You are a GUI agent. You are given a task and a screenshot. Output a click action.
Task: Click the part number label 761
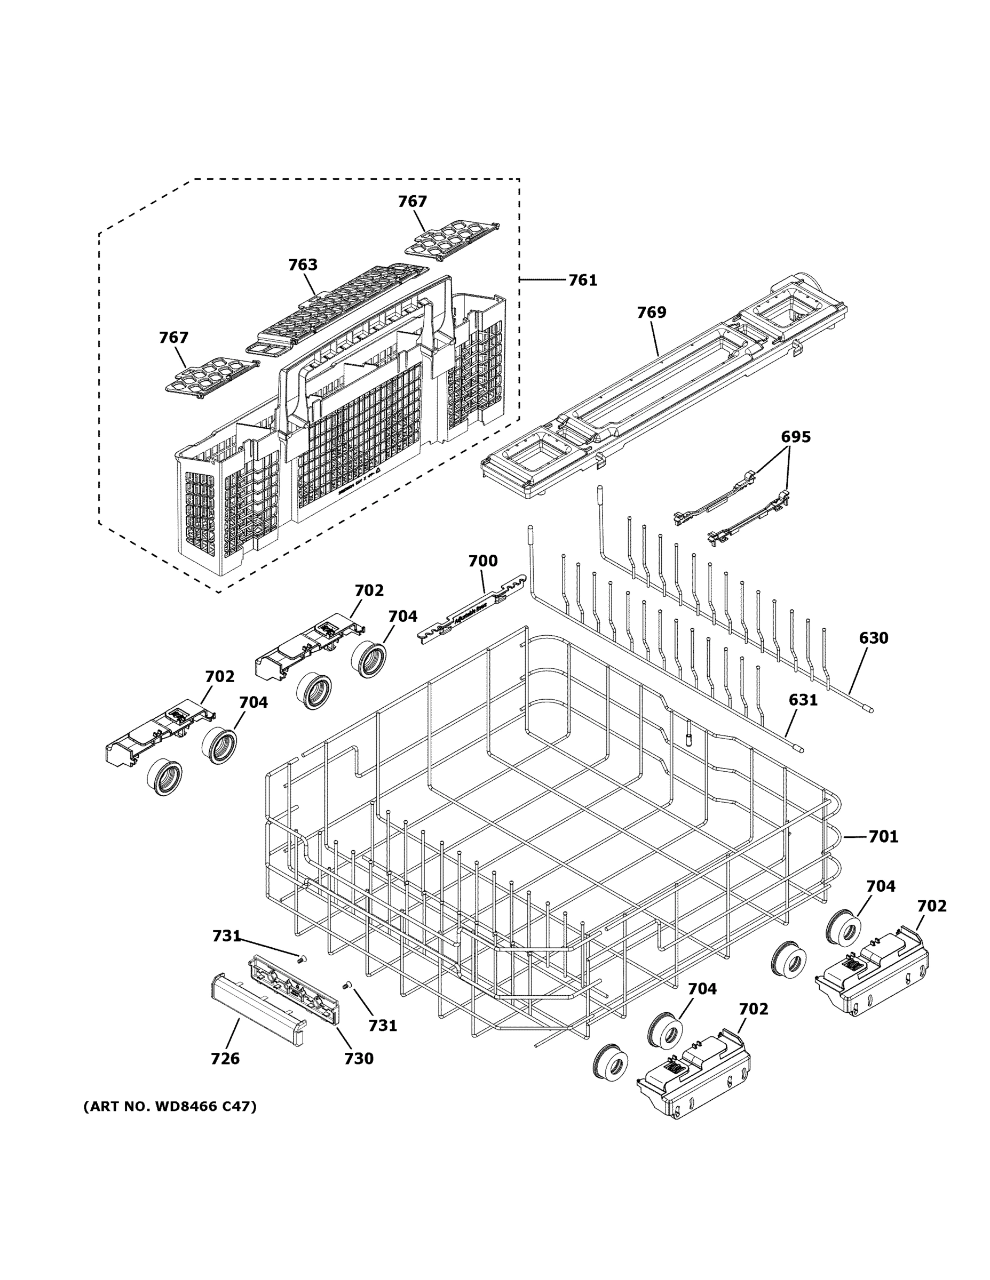tap(582, 280)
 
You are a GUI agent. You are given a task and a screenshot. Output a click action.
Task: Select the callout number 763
tap(303, 265)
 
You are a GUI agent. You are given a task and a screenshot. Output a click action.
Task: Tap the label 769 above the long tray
tap(652, 313)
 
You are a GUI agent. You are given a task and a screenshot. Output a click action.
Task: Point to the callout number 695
tap(795, 437)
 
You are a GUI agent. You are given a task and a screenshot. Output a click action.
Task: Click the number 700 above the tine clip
tap(482, 561)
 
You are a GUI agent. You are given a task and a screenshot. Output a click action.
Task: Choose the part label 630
tap(873, 638)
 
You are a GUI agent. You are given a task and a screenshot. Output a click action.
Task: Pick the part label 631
tap(803, 700)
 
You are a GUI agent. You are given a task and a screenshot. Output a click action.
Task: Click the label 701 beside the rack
tap(883, 837)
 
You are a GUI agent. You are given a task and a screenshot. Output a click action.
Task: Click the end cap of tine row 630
tap(870, 710)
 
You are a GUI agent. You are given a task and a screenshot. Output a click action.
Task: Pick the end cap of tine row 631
tap(800, 749)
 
